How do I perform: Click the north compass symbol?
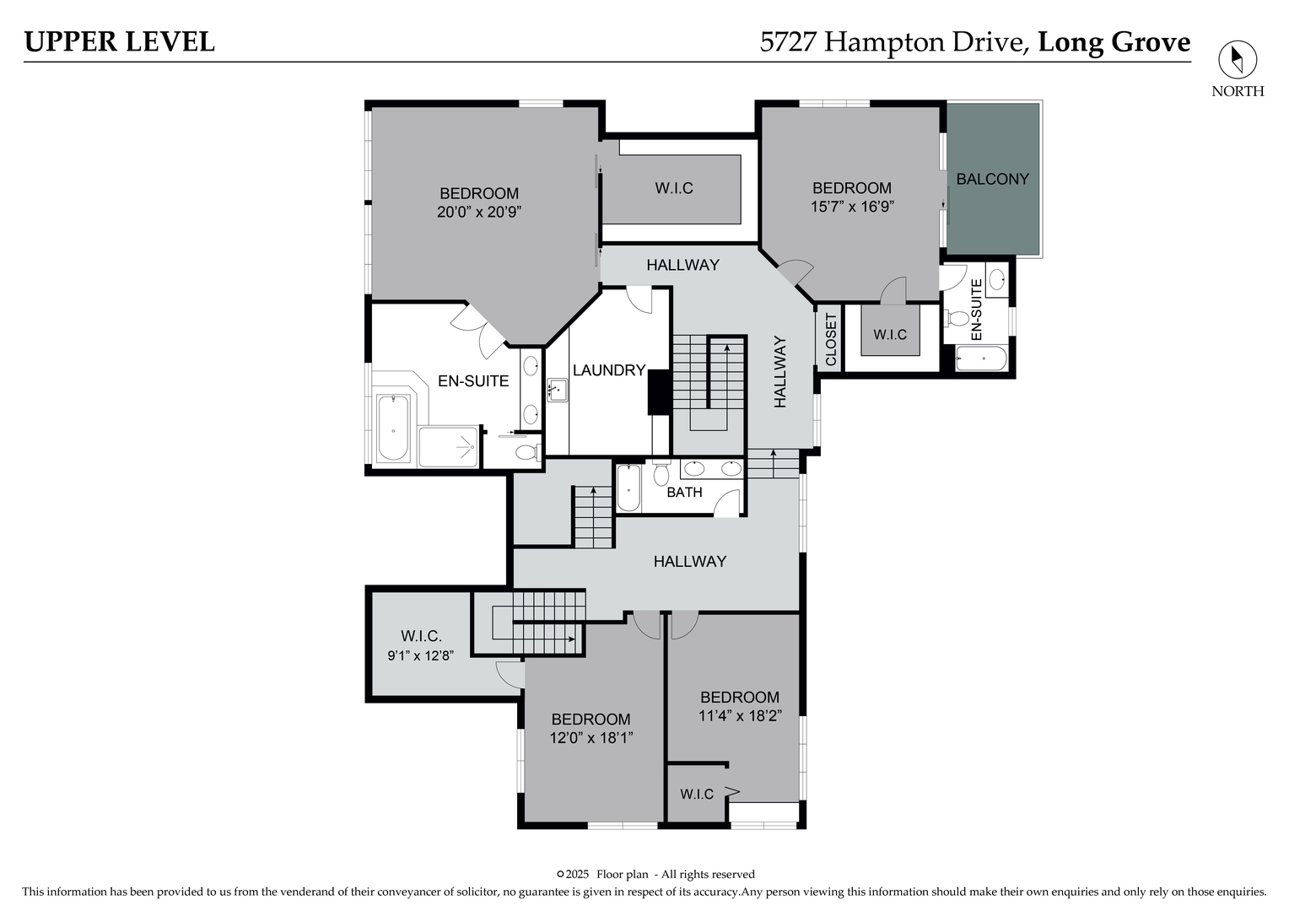click(x=1238, y=59)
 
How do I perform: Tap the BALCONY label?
click(x=993, y=179)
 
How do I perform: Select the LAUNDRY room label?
click(x=609, y=370)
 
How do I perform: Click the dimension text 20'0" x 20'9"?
click(x=479, y=212)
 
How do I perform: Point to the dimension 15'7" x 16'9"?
click(x=852, y=206)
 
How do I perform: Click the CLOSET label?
click(x=830, y=340)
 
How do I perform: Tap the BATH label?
click(x=684, y=492)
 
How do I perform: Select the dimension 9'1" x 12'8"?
click(x=421, y=655)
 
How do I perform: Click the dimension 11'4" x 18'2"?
click(x=740, y=716)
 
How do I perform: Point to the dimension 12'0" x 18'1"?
click(x=591, y=738)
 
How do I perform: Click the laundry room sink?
click(x=557, y=390)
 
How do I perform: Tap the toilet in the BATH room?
click(x=661, y=473)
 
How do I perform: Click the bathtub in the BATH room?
click(x=628, y=488)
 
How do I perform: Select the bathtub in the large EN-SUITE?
click(x=394, y=429)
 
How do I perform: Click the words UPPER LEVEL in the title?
click(x=119, y=42)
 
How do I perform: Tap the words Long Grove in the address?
click(x=1114, y=42)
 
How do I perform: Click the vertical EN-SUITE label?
click(x=976, y=309)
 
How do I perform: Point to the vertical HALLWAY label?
click(x=779, y=372)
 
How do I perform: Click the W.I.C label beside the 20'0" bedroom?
click(x=674, y=188)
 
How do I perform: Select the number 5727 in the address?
click(x=788, y=42)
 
